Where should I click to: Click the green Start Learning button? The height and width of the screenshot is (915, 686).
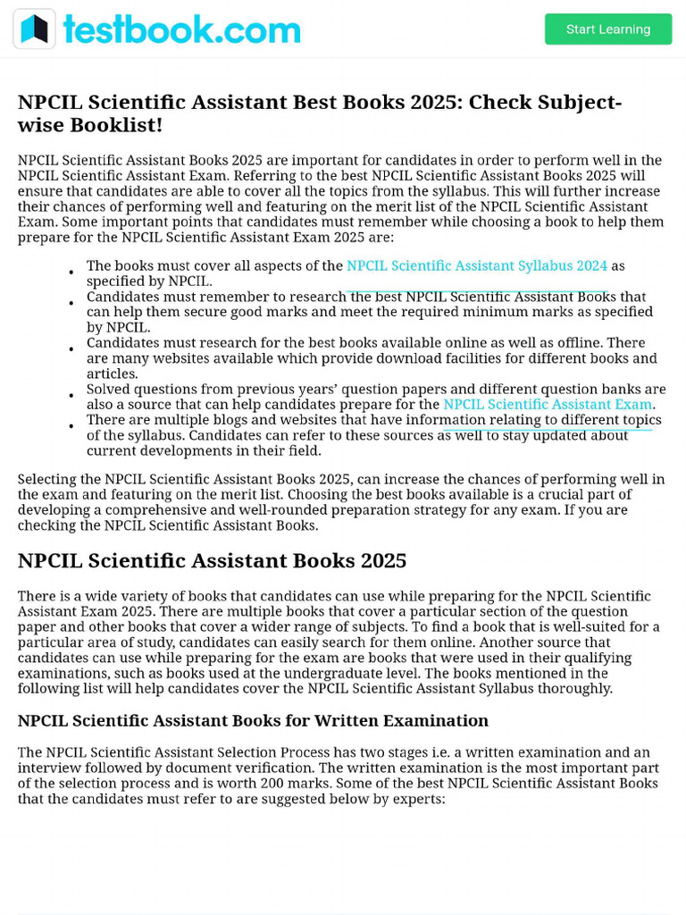click(x=608, y=29)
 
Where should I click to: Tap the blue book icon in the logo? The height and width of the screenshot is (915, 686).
click(x=34, y=29)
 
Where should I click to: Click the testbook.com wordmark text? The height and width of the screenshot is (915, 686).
click(x=181, y=30)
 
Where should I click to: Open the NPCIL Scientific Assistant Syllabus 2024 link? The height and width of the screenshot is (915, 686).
click(x=476, y=265)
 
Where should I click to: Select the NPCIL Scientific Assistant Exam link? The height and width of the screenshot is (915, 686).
click(x=547, y=405)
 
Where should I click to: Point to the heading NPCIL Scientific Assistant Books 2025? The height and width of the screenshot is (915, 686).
click(x=212, y=561)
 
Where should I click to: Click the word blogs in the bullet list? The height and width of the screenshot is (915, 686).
click(x=210, y=420)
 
